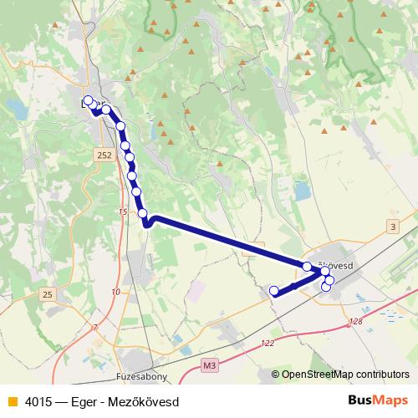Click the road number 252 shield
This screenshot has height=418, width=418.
click(x=104, y=156)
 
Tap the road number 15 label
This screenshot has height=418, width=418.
click(x=123, y=212)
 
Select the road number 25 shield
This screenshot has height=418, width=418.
click(x=48, y=294)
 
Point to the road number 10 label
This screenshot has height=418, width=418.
click(x=115, y=292)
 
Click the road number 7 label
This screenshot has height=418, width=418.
click(x=95, y=326)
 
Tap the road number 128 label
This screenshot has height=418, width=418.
click(x=357, y=321)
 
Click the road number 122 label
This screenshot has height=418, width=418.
click(x=268, y=344)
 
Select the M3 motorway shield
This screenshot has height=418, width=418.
click(x=209, y=365)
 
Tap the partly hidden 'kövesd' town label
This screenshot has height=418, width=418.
click(x=337, y=265)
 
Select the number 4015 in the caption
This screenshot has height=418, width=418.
click(x=37, y=401)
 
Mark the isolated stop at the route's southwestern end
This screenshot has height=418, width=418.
click(x=273, y=290)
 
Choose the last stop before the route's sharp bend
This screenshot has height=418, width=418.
click(x=144, y=214)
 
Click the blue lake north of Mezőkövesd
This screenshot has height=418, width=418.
click(x=301, y=191)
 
